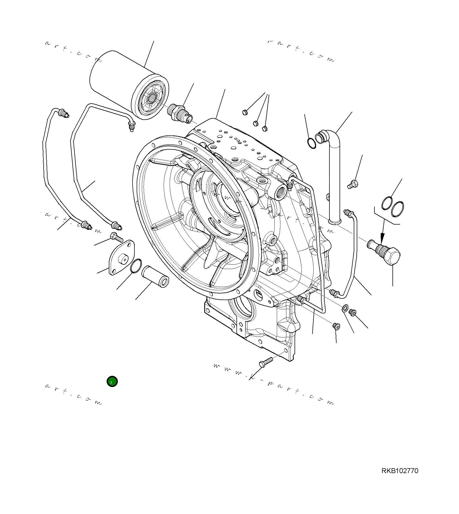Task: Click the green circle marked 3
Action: click(x=112, y=382)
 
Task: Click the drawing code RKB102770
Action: click(x=400, y=471)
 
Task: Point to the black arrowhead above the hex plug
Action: click(x=382, y=237)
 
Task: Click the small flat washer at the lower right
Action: click(x=345, y=308)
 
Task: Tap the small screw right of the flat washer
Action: click(x=353, y=313)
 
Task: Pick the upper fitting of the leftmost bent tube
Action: click(x=64, y=113)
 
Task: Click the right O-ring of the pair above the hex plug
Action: click(x=398, y=209)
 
